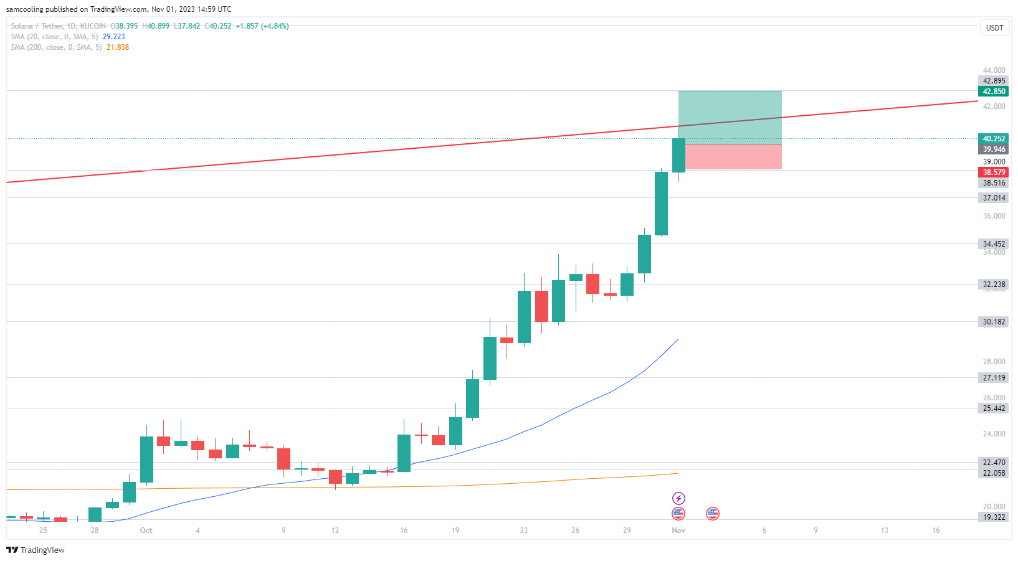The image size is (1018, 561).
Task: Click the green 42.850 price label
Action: (994, 92)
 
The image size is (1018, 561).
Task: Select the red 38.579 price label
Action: (994, 172)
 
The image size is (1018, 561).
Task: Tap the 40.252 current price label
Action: (994, 139)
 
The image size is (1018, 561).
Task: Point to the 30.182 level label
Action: (994, 322)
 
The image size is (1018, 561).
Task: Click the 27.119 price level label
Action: (994, 378)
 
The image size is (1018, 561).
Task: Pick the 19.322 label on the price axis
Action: (994, 517)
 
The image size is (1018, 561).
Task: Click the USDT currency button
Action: (994, 27)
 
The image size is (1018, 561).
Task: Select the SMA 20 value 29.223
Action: (113, 37)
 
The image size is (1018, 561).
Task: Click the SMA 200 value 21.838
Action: (118, 47)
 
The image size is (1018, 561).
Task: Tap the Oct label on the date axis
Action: (146, 530)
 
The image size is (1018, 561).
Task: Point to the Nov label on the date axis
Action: (678, 530)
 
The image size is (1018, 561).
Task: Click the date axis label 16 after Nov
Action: (936, 530)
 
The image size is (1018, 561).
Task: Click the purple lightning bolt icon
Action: (678, 498)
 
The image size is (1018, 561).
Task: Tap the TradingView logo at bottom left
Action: (36, 550)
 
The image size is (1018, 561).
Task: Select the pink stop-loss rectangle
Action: (733, 157)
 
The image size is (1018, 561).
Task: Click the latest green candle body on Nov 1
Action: (678, 155)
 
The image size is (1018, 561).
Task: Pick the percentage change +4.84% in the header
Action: (275, 26)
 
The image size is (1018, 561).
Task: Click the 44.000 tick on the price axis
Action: (994, 70)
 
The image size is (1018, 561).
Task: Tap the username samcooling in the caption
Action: (24, 9)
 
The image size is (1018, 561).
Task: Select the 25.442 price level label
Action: (994, 408)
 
